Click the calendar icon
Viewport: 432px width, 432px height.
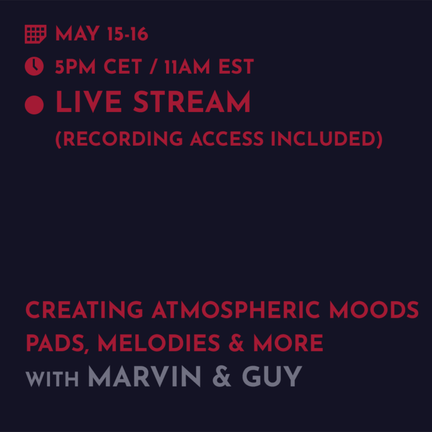pyautogui.click(x=35, y=35)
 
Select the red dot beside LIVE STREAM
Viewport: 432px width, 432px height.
pyautogui.click(x=34, y=104)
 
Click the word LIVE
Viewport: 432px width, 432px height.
pyautogui.click(x=89, y=103)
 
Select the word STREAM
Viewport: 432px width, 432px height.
pyautogui.click(x=192, y=103)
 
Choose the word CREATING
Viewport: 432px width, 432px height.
pyautogui.click(x=84, y=310)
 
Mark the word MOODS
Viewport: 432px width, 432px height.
pyautogui.click(x=374, y=310)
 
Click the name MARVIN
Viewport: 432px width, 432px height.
pyautogui.click(x=145, y=376)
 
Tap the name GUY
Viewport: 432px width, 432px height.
pyautogui.click(x=272, y=376)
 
